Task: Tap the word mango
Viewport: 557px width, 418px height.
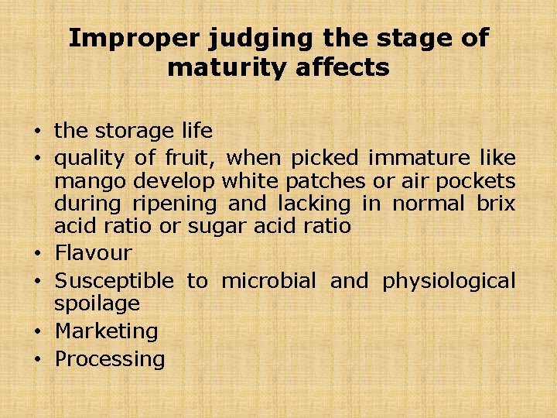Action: (x=91, y=181)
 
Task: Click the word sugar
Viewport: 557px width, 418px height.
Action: (x=214, y=227)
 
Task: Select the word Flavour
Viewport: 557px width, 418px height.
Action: (x=93, y=252)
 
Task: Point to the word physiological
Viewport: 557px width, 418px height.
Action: (x=449, y=280)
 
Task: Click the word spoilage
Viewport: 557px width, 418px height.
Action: (x=97, y=303)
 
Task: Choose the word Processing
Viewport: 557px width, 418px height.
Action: (x=110, y=359)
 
